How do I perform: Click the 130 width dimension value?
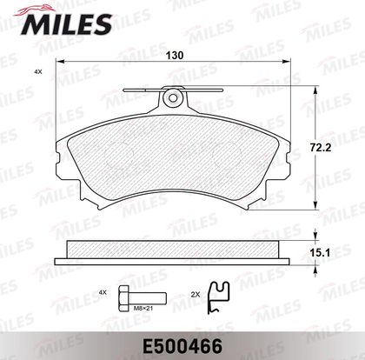(x=175, y=55)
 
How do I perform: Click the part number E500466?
(x=182, y=346)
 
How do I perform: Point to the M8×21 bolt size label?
(x=143, y=309)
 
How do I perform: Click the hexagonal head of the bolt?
(x=123, y=298)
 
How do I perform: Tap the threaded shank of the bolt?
(x=147, y=298)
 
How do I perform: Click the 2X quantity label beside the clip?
(x=196, y=295)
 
